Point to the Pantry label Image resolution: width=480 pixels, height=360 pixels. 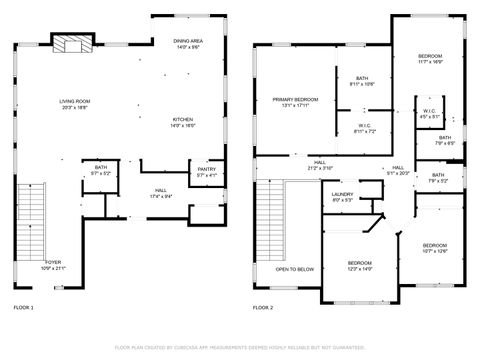(x=207, y=172)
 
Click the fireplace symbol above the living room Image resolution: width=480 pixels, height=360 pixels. (x=71, y=43)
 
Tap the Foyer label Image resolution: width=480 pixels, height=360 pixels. (x=53, y=265)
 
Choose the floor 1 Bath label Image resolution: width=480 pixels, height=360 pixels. (x=100, y=171)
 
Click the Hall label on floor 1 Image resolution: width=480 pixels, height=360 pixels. (x=160, y=193)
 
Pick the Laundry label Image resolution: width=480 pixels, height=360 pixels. (x=342, y=197)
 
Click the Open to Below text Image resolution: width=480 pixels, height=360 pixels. (x=295, y=269)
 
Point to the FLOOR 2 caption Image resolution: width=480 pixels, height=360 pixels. (x=262, y=308)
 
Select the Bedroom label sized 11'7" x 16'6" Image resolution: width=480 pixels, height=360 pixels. (x=430, y=58)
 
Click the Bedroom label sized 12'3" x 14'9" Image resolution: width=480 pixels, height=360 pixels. (x=360, y=265)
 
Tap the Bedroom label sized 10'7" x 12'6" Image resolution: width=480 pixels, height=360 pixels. (x=434, y=248)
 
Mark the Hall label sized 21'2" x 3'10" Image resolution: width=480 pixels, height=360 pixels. (x=320, y=166)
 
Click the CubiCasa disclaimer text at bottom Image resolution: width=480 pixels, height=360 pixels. (x=240, y=347)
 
